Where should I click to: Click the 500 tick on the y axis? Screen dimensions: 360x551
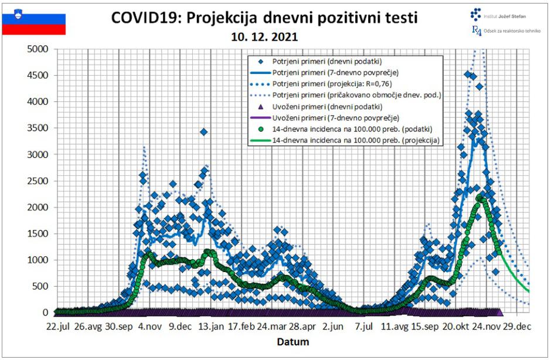[41, 286]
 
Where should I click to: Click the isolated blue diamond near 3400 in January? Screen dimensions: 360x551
[203, 132]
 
